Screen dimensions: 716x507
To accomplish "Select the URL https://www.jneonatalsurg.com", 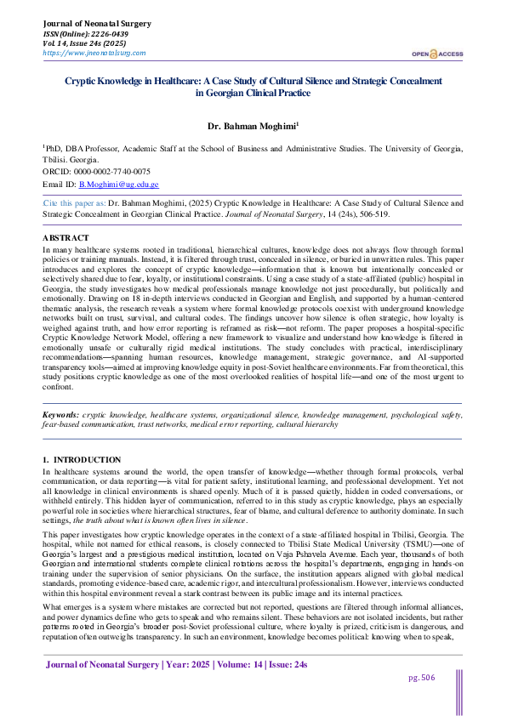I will point(94,53).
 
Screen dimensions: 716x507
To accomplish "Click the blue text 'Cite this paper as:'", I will point(75,204).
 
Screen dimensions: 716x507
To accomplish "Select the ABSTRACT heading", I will point(66,238).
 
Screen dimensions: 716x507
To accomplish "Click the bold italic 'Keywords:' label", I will point(62,415).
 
